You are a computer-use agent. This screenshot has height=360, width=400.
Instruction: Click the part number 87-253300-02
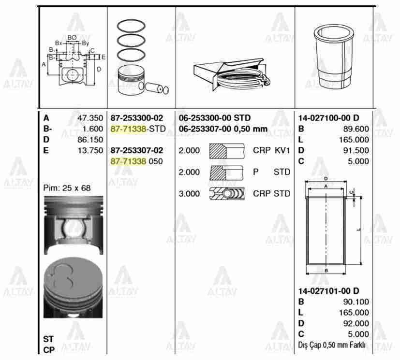(137, 118)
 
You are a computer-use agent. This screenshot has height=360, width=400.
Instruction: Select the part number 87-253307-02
(137, 150)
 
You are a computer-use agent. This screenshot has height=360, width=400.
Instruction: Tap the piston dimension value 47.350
(90, 118)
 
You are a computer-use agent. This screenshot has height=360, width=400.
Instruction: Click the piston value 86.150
(90, 139)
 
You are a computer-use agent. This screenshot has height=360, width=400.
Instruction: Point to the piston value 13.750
(90, 150)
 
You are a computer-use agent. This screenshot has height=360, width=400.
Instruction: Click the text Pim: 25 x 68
(67, 187)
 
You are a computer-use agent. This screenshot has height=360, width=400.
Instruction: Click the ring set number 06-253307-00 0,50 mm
(223, 129)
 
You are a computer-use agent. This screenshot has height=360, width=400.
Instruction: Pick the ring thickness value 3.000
(189, 193)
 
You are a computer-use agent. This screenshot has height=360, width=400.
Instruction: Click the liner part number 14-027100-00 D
(328, 118)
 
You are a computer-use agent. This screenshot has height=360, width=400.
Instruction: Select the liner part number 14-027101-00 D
(328, 291)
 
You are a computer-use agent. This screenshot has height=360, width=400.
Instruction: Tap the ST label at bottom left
(48, 339)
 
